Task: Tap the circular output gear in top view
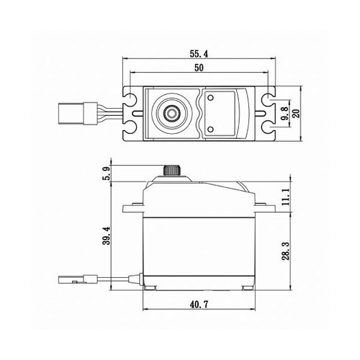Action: (173, 112)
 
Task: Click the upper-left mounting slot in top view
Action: (134, 97)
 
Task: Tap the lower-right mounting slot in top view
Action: (268, 127)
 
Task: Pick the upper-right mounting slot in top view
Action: (268, 97)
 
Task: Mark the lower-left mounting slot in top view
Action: (134, 127)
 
